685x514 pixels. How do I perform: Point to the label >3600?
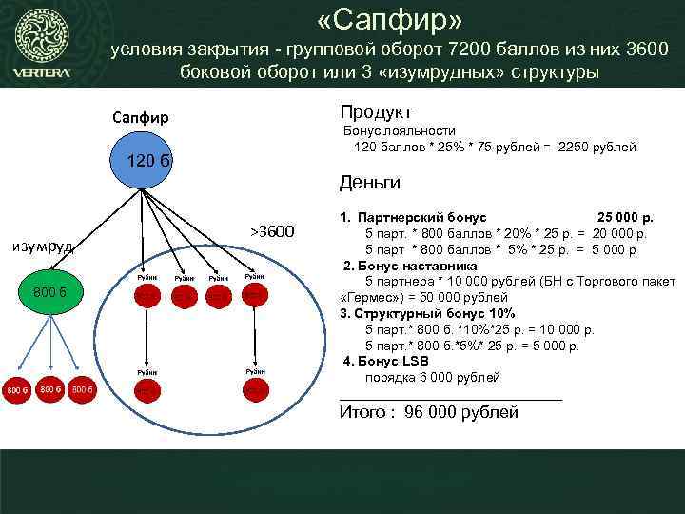point(273,231)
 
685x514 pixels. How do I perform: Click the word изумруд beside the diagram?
point(44,247)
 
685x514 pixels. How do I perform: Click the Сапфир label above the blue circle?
point(140,118)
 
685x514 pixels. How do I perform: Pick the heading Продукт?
point(375,111)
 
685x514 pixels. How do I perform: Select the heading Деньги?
point(370,182)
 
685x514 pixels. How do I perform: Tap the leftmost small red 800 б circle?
point(16,389)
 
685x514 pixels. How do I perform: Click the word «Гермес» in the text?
point(373,297)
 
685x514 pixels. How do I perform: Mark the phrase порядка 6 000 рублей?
point(432,377)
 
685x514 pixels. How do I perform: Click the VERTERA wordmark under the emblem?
point(41,74)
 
